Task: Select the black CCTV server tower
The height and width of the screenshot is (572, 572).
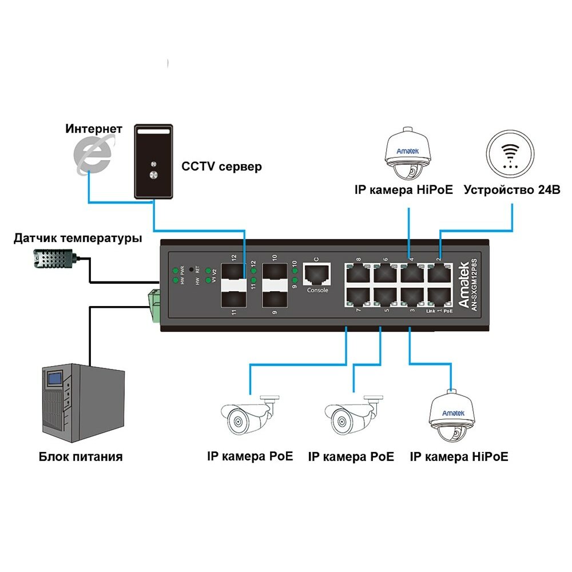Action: point(153,162)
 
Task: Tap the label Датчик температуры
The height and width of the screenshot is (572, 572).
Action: point(78,237)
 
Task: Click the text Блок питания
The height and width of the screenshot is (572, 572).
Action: point(81,456)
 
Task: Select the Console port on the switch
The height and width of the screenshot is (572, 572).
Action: point(317,275)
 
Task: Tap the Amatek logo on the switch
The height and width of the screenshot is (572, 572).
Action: point(464,275)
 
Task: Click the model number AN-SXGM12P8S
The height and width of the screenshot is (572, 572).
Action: point(474,285)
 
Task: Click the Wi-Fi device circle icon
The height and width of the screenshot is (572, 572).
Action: point(513,155)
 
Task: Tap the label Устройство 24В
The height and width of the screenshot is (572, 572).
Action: point(512,190)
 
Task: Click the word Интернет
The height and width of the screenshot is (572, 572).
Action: point(94,129)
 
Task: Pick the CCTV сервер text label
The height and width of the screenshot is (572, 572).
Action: point(221,167)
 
